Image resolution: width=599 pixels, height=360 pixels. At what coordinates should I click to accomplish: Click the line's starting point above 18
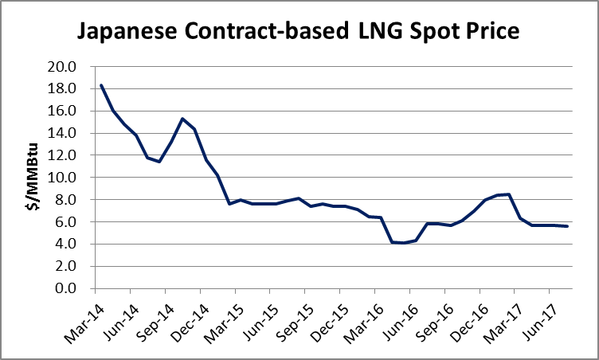click(101, 85)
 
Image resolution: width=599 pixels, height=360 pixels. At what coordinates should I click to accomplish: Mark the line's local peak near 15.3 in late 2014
click(182, 119)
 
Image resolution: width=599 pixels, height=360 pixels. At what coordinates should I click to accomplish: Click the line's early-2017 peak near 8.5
click(509, 194)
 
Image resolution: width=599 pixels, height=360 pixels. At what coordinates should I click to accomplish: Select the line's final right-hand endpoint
click(567, 226)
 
